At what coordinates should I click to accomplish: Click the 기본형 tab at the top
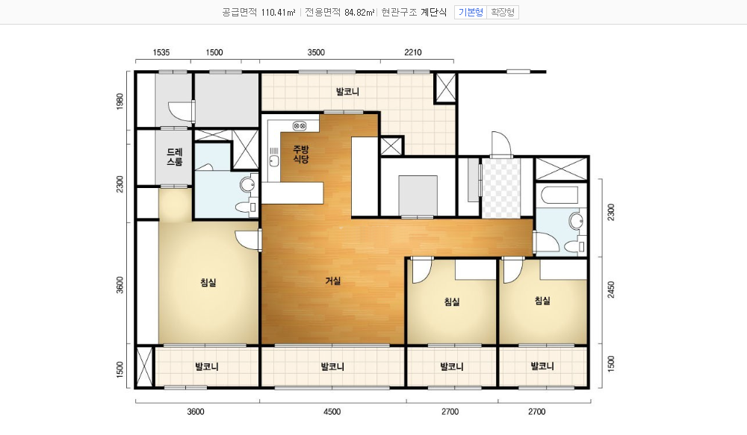click(x=471, y=13)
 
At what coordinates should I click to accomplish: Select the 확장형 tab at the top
click(x=503, y=13)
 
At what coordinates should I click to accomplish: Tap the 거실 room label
click(x=332, y=281)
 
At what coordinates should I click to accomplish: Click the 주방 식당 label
click(x=300, y=154)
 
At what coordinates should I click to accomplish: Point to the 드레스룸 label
click(x=174, y=157)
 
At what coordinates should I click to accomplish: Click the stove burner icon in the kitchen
click(x=300, y=126)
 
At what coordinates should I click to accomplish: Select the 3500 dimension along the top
click(x=316, y=52)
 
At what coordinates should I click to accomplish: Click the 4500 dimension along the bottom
click(x=332, y=412)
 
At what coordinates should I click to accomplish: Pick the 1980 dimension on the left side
click(x=120, y=101)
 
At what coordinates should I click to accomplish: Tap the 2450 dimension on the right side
click(x=611, y=290)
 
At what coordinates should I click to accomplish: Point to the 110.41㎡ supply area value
click(x=278, y=13)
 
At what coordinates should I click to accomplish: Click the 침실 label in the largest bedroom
click(x=208, y=282)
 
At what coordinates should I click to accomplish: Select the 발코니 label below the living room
click(x=332, y=366)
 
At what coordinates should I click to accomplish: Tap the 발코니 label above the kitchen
click(x=347, y=91)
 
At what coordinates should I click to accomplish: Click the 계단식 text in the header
click(x=433, y=13)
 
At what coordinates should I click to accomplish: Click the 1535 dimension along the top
click(x=161, y=52)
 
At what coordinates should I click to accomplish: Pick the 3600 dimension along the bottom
click(x=195, y=412)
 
